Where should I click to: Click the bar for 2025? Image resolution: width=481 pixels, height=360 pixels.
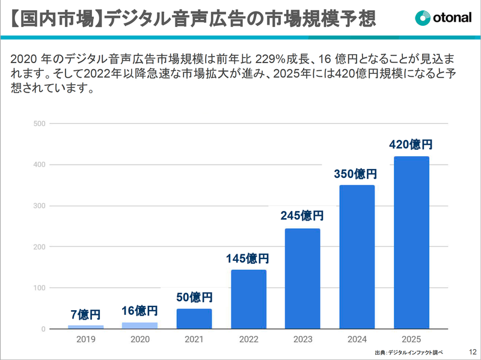coord(411,243)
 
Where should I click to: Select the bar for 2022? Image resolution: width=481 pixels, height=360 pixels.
coord(248,299)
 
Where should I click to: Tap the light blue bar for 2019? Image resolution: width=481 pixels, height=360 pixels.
coord(85,327)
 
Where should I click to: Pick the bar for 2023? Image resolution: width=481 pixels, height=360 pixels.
coord(302,279)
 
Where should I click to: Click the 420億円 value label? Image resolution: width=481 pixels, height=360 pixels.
coord(411,144)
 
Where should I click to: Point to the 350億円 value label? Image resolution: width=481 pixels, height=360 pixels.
coord(355,174)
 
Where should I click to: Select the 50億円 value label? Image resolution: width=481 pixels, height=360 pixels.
coord(194,297)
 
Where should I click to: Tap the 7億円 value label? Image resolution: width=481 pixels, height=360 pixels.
coord(85,314)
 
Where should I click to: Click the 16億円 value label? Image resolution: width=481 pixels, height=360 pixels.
coord(139,311)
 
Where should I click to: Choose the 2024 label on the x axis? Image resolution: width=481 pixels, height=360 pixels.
coord(357,339)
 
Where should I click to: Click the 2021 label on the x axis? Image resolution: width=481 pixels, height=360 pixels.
coord(194,339)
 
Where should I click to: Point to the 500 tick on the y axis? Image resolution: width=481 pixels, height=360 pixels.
coord(40,124)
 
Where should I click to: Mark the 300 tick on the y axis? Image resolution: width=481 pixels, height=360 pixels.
coord(40,206)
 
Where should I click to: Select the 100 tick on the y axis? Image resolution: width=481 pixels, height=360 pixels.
coord(40,288)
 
